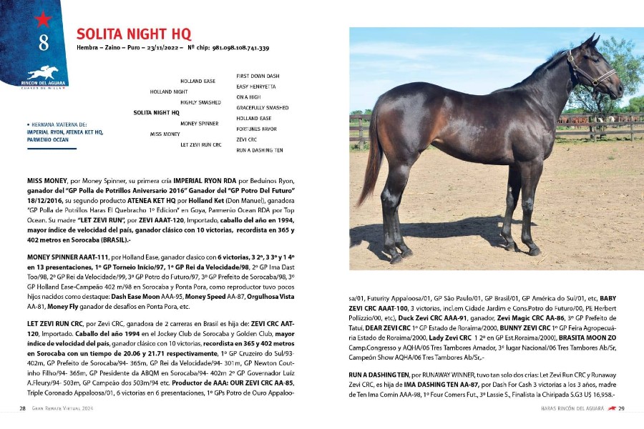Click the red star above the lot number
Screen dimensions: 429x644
(x=42, y=19)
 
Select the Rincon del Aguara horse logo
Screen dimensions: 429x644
(x=43, y=71)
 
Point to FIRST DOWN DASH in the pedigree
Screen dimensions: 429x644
(x=258, y=76)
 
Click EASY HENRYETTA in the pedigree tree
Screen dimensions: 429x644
(x=256, y=87)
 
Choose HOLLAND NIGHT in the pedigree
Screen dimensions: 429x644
(x=169, y=92)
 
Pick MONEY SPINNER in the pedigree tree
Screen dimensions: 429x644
(x=200, y=124)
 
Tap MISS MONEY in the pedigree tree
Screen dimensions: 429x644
(x=165, y=134)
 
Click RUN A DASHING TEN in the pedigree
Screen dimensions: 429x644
(x=260, y=150)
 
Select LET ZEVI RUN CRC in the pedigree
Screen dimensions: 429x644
(x=201, y=145)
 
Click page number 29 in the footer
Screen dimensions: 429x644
(x=622, y=409)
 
